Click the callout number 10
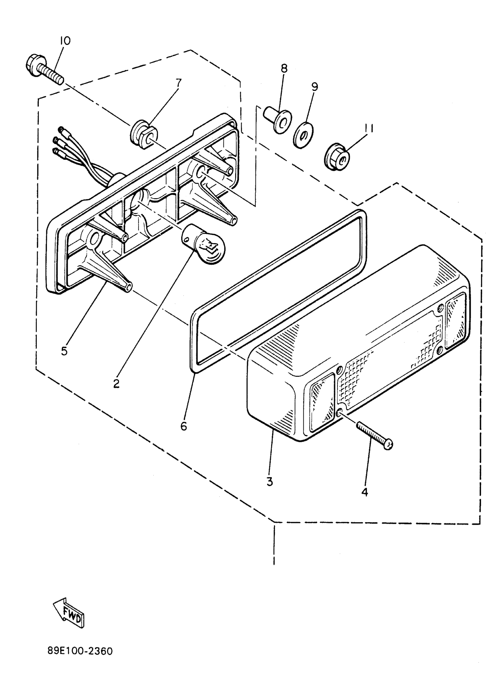click(65, 41)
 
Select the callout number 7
click(179, 83)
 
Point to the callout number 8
click(284, 69)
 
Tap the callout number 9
click(315, 87)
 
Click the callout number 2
click(116, 383)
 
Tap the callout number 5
click(64, 351)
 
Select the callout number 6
click(183, 426)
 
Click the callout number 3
click(270, 481)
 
